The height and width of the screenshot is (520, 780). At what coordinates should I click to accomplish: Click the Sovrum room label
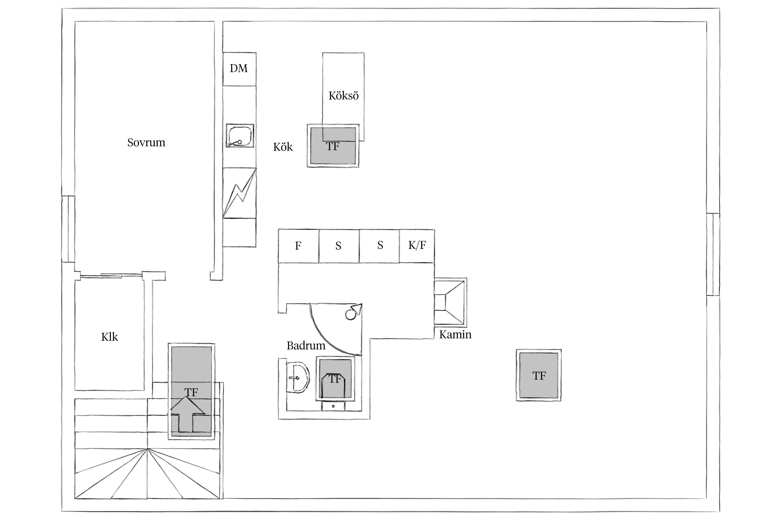tap(146, 142)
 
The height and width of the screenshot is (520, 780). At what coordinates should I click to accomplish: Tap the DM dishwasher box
tap(239, 69)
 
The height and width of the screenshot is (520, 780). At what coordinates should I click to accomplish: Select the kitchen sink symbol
tap(240, 136)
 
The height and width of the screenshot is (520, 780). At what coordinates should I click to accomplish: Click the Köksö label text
tap(344, 96)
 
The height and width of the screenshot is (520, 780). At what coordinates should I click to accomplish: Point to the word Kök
tap(283, 147)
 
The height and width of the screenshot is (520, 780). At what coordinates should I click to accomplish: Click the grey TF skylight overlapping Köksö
tap(333, 146)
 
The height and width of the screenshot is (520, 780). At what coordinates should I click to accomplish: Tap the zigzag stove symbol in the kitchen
tap(239, 193)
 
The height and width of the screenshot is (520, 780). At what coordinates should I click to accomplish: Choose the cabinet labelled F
tap(298, 246)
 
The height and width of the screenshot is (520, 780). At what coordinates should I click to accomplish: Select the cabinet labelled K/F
tap(417, 246)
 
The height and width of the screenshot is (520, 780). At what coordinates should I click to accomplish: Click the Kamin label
tap(455, 335)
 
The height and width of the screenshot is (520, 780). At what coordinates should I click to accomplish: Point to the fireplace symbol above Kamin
tap(450, 302)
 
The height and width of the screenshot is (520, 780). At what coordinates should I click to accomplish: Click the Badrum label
tap(306, 346)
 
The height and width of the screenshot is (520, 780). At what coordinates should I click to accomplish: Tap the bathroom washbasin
tap(298, 378)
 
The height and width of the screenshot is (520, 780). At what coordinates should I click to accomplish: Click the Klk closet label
tap(110, 337)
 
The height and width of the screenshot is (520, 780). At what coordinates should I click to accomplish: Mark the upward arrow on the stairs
tap(187, 414)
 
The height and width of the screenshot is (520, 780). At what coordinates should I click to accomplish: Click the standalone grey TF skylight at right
tap(539, 375)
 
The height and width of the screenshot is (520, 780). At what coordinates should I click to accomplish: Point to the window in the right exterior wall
tap(713, 254)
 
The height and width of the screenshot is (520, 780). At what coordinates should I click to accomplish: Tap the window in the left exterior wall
tap(68, 229)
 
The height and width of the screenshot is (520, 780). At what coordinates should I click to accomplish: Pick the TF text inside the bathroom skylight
tap(335, 379)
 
